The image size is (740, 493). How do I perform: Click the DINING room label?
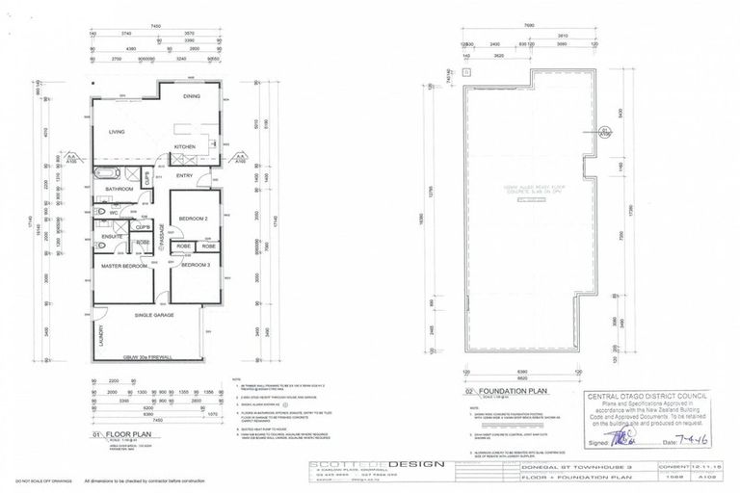pyautogui.click(x=192, y=96)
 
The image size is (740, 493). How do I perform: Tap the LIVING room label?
pyautogui.click(x=117, y=131)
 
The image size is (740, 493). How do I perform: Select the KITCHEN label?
pyautogui.click(x=184, y=147)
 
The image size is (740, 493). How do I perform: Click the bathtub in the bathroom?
pyautogui.click(x=107, y=176)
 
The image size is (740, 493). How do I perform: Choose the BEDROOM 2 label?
pyautogui.click(x=194, y=219)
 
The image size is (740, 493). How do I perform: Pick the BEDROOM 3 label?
pyautogui.click(x=195, y=264)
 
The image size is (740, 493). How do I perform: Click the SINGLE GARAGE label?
pyautogui.click(x=159, y=315)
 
